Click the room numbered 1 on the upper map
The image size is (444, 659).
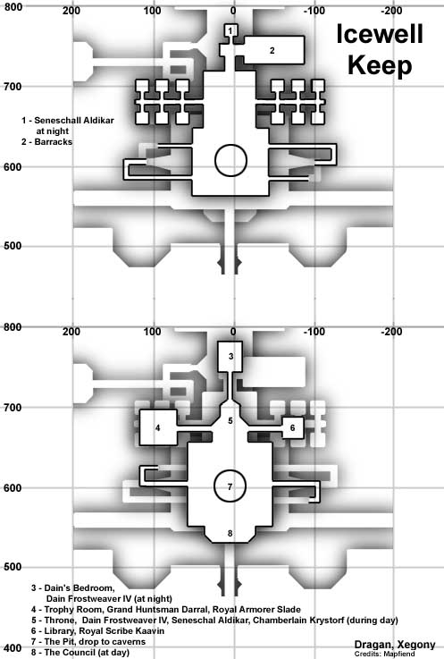click(230, 30)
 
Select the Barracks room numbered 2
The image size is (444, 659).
click(273, 50)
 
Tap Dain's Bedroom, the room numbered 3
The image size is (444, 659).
click(230, 357)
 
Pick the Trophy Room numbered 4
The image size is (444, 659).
click(158, 427)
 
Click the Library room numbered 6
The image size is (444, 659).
click(292, 427)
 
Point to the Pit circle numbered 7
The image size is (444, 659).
click(230, 486)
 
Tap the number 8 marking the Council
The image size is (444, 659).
click(230, 533)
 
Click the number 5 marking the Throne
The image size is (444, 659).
click(230, 420)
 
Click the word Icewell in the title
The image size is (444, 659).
click(380, 34)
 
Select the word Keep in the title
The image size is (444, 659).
click(380, 65)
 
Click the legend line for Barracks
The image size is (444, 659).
click(46, 141)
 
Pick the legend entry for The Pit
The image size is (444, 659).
click(88, 641)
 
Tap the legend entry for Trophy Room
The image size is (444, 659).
click(166, 609)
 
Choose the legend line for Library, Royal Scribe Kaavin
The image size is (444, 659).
click(97, 630)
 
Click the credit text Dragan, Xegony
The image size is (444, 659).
click(395, 645)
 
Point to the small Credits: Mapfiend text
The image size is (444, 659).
click(384, 654)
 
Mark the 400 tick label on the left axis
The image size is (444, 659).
click(13, 647)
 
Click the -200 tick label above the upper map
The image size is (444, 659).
click(391, 11)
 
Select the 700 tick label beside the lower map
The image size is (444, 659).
click(13, 407)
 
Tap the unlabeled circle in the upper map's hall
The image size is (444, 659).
click(230, 161)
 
